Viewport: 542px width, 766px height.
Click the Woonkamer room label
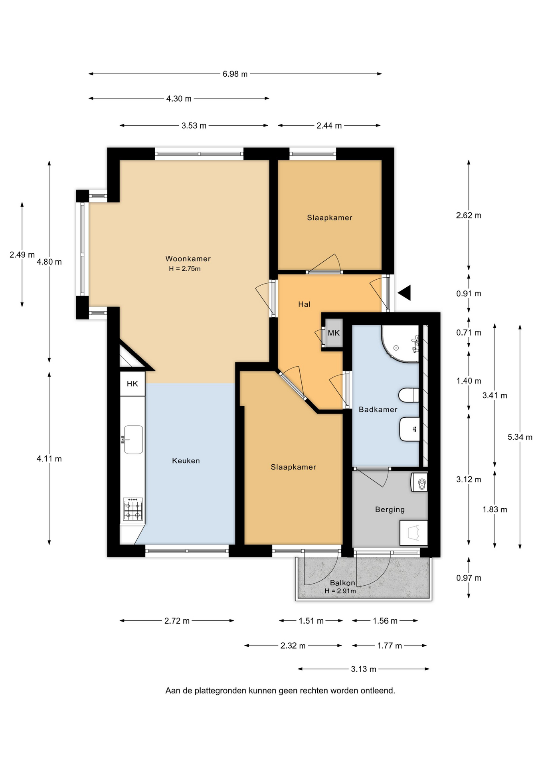point(188,259)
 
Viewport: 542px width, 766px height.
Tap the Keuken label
point(186,460)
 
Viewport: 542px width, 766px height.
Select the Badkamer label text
point(378,409)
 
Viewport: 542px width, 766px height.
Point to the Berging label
point(390,509)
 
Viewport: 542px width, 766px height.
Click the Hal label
point(304,304)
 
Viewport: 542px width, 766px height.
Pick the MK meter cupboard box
point(334,333)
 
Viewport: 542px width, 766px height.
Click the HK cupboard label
point(133,384)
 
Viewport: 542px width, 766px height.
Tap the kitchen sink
point(133,439)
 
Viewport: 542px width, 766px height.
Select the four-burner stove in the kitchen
point(133,509)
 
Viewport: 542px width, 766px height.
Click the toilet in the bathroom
point(409,395)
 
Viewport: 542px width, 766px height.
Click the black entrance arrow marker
point(404,293)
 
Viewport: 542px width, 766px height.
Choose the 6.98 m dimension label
point(235,74)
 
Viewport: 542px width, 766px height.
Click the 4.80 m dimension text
point(49,262)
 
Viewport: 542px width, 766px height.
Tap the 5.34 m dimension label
point(520,437)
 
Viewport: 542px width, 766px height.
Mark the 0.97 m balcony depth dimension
point(469,578)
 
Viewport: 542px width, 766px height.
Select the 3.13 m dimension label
point(364,669)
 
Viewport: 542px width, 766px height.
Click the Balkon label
point(342,583)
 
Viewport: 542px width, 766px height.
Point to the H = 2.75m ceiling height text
point(185,268)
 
